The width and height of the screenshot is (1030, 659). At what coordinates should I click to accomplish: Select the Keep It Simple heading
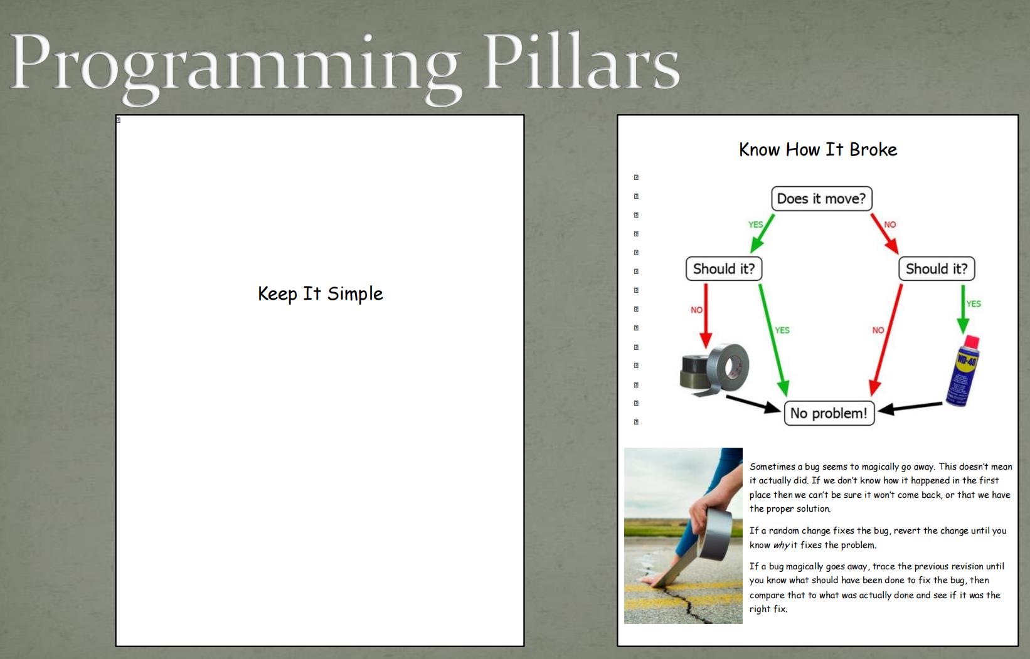tap(320, 293)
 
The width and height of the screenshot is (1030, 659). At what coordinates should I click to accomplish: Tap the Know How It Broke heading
tap(818, 149)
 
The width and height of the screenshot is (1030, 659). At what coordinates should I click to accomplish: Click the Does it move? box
tap(822, 199)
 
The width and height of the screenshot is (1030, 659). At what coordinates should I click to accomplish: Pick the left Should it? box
tap(724, 269)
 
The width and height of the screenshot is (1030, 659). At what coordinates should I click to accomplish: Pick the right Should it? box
tap(937, 269)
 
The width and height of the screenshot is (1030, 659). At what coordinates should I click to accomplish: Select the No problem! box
tap(829, 413)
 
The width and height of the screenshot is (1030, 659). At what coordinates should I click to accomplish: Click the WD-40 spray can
tap(963, 371)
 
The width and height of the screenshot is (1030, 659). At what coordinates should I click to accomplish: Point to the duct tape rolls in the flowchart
tap(714, 369)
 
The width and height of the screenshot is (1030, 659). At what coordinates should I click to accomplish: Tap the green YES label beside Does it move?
tap(755, 224)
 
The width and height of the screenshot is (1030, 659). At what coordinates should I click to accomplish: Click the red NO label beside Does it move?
tap(890, 224)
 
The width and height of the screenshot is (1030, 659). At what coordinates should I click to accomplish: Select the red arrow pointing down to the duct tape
tap(706, 316)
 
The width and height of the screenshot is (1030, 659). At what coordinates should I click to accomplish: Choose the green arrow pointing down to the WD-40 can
tap(963, 309)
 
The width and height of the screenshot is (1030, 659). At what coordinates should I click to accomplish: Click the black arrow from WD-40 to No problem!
tap(910, 407)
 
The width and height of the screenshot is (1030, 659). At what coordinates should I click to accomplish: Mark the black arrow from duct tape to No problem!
tap(753, 404)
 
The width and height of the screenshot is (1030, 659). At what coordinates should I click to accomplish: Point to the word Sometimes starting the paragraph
tap(773, 467)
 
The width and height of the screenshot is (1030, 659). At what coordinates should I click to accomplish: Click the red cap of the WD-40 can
tap(972, 342)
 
